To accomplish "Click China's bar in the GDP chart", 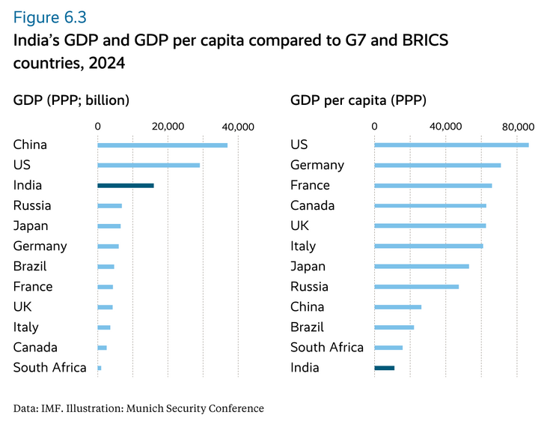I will pyautogui.click(x=162, y=145).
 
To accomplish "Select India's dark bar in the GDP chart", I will pyautogui.click(x=126, y=185).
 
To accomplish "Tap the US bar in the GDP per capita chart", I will pyautogui.click(x=451, y=145).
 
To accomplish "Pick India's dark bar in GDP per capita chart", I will pyautogui.click(x=384, y=368).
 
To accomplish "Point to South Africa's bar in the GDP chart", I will pyautogui.click(x=100, y=368).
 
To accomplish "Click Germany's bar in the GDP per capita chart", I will pyautogui.click(x=437, y=165).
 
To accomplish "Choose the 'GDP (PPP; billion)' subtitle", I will pyautogui.click(x=72, y=99).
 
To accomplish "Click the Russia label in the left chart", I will pyautogui.click(x=32, y=205).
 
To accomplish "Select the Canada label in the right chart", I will pyautogui.click(x=312, y=205).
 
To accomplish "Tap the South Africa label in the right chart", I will pyautogui.click(x=326, y=347).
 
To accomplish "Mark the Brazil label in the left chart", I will pyautogui.click(x=30, y=266).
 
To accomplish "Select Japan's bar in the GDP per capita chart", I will pyautogui.click(x=421, y=266).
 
